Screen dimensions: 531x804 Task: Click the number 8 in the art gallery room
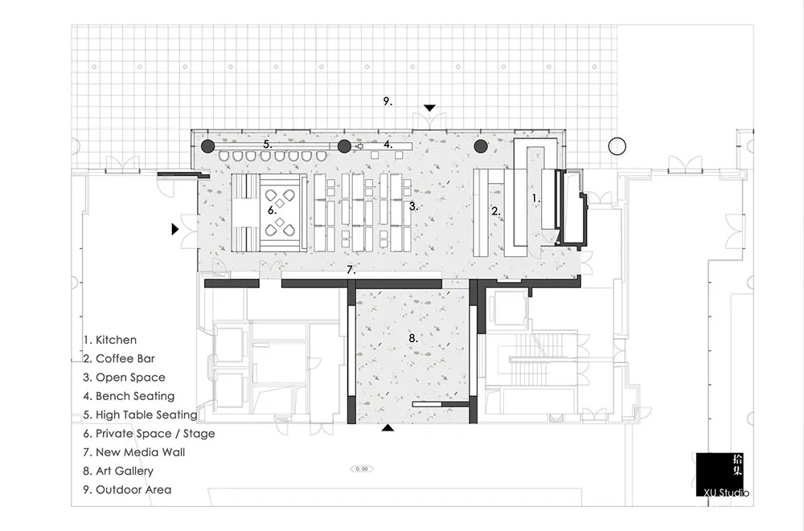click(412, 338)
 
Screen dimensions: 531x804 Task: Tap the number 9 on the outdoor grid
click(387, 101)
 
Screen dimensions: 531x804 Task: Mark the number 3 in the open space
click(412, 206)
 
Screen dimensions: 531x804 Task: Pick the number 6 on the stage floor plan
click(273, 210)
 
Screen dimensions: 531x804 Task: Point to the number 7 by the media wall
click(351, 270)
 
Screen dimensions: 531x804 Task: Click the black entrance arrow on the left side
click(175, 230)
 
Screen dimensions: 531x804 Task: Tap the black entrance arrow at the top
click(430, 108)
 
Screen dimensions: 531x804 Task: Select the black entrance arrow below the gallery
click(388, 428)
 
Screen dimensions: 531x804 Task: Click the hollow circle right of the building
click(617, 146)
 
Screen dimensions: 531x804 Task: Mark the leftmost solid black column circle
click(207, 146)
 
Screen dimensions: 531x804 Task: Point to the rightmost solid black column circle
click(481, 146)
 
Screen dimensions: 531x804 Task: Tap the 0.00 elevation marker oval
click(362, 468)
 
